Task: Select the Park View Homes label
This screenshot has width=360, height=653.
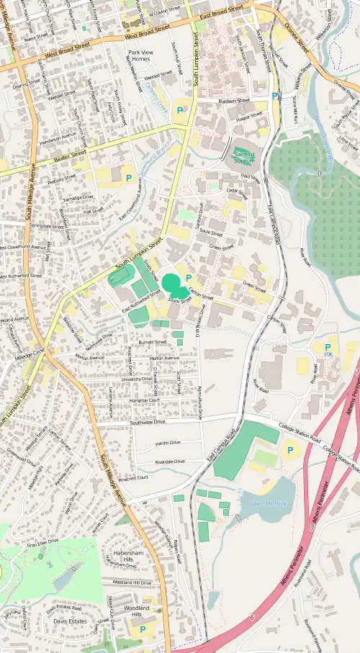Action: point(141,56)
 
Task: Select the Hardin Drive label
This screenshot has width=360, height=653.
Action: point(168,442)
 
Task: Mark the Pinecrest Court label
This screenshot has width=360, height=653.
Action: point(133,477)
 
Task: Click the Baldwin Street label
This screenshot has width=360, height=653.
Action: point(233,101)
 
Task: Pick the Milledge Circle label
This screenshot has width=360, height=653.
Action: point(30,350)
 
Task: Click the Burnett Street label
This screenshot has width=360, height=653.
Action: point(153,343)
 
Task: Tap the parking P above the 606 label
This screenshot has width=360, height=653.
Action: point(328,347)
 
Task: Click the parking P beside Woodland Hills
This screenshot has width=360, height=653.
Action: point(142,629)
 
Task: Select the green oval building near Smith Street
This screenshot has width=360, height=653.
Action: point(171,282)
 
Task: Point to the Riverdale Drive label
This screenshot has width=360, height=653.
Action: point(170,461)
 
